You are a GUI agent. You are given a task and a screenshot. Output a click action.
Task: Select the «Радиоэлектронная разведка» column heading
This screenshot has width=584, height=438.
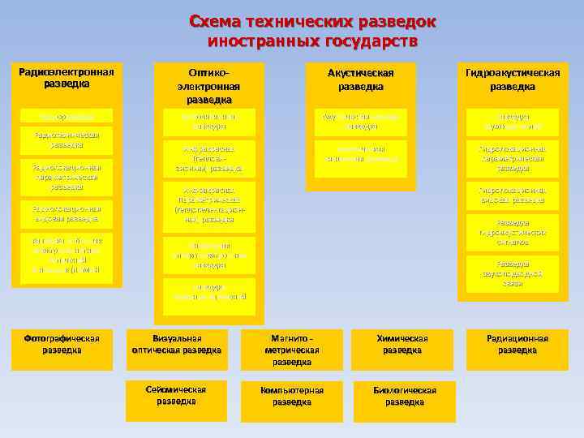click(67, 77)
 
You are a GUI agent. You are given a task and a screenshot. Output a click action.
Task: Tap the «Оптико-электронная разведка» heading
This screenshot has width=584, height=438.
click(209, 85)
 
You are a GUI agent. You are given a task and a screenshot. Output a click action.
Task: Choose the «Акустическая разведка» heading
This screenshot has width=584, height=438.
click(361, 79)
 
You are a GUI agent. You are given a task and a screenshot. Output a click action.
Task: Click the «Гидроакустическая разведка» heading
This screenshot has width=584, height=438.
click(512, 79)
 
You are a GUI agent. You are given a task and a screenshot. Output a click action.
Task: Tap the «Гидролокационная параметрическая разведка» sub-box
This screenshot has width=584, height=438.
click(512, 158)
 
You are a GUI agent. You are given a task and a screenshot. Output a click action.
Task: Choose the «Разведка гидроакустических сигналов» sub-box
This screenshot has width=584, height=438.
click(512, 232)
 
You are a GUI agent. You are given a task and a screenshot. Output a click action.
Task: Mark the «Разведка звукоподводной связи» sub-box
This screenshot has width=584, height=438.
click(512, 273)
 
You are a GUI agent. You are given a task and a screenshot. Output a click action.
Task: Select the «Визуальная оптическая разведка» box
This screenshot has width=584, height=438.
click(176, 345)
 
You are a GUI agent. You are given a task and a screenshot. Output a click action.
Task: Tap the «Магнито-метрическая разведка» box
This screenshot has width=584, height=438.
click(292, 350)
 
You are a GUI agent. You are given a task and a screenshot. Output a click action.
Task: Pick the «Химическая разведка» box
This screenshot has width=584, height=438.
click(402, 345)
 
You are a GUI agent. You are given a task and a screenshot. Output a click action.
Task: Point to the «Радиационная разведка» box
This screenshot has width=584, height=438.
click(517, 345)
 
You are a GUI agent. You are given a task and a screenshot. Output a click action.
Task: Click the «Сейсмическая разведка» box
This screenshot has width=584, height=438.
click(176, 396)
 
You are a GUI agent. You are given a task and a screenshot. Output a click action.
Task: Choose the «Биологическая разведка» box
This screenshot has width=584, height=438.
click(404, 396)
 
